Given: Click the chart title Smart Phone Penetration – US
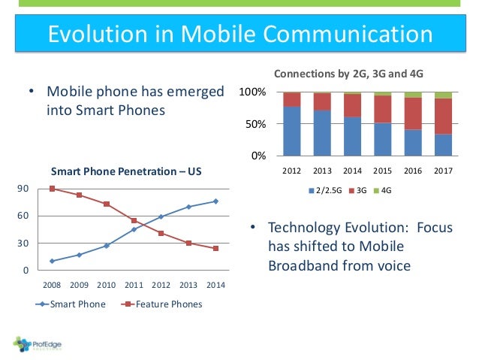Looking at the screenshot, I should pos(126,171).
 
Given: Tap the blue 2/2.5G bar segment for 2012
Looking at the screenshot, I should pos(291,131).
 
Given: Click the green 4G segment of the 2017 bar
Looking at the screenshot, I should pos(443,95).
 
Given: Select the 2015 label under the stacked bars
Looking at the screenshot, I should pos(383,170).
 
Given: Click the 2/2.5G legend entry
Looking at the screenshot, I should pos(325,191).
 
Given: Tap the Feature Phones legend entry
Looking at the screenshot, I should pos(163,304).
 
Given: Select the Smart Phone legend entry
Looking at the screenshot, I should pos(72,304).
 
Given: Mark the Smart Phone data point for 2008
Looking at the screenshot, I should pos(52,261).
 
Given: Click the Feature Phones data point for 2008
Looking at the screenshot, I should pos(52,189).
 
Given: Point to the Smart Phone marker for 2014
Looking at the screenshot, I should pos(216,201).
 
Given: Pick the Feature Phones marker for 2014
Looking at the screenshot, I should pos(216,248).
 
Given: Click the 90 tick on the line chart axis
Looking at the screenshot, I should pos(23,189).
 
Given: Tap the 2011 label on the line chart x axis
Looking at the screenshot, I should pos(134,285).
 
